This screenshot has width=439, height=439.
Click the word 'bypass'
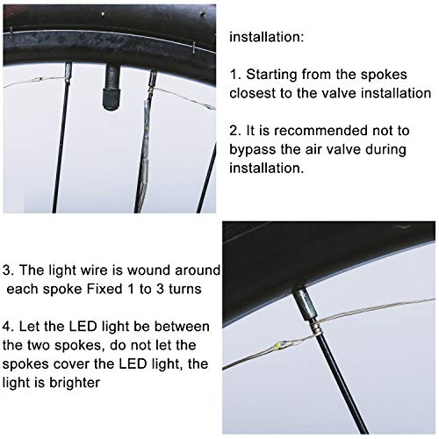[x=255, y=148]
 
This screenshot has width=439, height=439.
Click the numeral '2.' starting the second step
[x=236, y=130]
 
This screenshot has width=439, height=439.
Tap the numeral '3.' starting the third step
[x=9, y=268]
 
